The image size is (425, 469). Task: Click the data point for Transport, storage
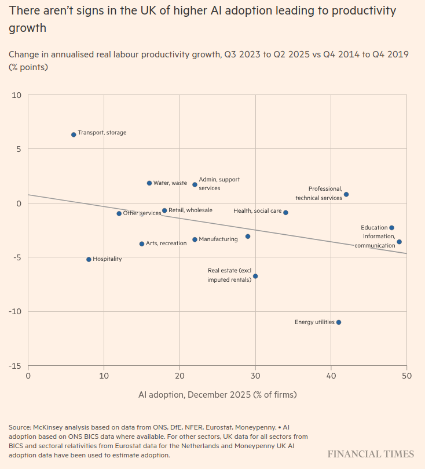[74, 134]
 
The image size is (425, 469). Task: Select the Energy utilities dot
[339, 322]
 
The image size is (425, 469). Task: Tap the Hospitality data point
[89, 260]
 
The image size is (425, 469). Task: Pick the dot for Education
[391, 228]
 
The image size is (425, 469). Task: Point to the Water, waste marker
[149, 183]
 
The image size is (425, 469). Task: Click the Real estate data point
[255, 276]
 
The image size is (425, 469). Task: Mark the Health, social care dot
[285, 213]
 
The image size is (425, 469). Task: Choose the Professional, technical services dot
[346, 194]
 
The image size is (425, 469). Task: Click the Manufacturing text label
[218, 239]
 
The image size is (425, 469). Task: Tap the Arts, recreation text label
[166, 243]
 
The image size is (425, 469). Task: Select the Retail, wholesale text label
[190, 210]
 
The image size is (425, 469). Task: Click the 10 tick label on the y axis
[16, 95]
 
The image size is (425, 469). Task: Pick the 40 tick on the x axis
[331, 376]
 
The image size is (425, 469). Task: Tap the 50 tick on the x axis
[406, 376]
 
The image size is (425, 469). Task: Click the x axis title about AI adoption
[217, 395]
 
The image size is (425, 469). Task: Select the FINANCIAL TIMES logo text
[371, 454]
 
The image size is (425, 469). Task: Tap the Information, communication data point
[399, 242]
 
